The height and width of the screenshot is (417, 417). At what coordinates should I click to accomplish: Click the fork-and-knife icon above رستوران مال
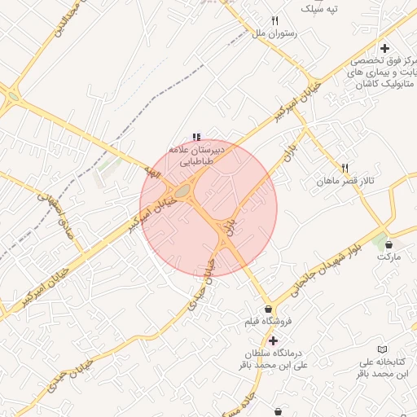(275, 21)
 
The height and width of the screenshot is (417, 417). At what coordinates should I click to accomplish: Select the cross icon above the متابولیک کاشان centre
(384, 48)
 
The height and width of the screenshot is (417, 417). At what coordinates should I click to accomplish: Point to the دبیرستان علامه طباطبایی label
(195, 156)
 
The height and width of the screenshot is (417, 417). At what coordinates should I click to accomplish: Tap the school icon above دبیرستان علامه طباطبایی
(195, 136)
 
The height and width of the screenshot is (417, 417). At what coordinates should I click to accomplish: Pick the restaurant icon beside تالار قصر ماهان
(345, 167)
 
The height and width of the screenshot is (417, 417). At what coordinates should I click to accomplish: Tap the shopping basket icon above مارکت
(388, 244)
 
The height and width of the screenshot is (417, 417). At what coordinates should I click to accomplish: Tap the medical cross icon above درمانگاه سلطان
(272, 340)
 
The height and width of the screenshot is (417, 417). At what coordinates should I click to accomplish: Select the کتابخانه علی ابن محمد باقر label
(384, 367)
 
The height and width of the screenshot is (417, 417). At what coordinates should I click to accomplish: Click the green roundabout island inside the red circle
(182, 191)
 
